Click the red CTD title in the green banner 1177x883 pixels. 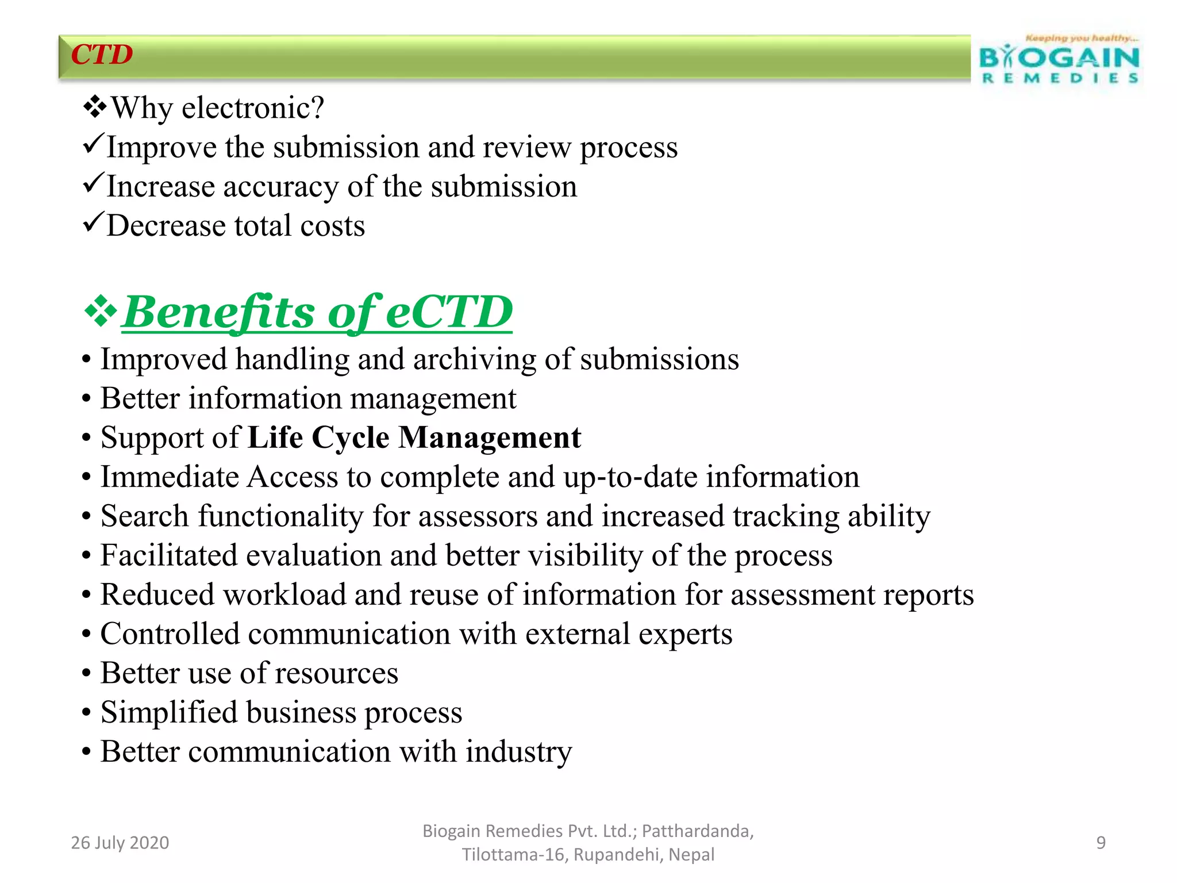102,55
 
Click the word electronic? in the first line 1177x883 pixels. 253,108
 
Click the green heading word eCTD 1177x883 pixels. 449,312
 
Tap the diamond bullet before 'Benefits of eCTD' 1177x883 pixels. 101,311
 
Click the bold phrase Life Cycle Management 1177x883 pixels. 414,437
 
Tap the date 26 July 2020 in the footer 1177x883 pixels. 120,843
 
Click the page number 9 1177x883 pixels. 1101,843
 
